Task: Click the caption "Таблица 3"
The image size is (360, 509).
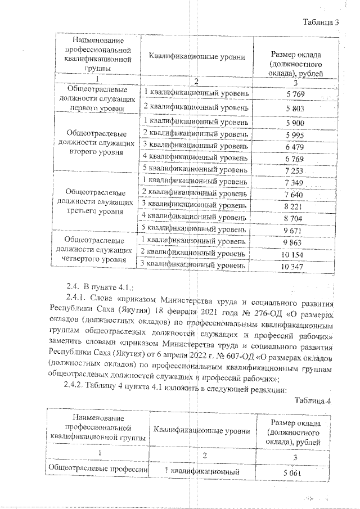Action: coord(321,22)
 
